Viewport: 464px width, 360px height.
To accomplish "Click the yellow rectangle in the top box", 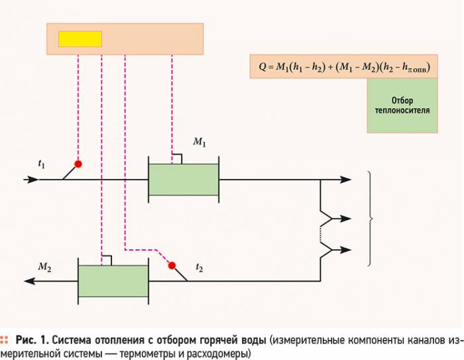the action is pyautogui.click(x=80, y=39).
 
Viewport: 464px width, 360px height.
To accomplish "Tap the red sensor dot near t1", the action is pyautogui.click(x=78, y=164).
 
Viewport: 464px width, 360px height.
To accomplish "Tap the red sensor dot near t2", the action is pyautogui.click(x=172, y=266).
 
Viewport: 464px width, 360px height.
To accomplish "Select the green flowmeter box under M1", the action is pyautogui.click(x=184, y=180).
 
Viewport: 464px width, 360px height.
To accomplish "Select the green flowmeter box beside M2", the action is pyautogui.click(x=113, y=281).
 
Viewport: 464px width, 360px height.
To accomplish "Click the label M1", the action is pyautogui.click(x=200, y=142).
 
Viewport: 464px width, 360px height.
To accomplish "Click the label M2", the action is pyautogui.click(x=44, y=267).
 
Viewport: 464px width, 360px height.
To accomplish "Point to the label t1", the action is pyautogui.click(x=42, y=164).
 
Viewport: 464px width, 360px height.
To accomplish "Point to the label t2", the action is pyautogui.click(x=200, y=268).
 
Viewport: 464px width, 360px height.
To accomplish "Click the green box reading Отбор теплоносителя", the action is pyautogui.click(x=402, y=105).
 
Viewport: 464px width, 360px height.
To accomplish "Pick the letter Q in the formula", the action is pyautogui.click(x=262, y=66).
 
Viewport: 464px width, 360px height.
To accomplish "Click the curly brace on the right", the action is pyautogui.click(x=370, y=219).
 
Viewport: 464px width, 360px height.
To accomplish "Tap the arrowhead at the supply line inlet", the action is pyautogui.click(x=31, y=180).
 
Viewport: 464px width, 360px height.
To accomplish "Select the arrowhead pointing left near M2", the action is pyautogui.click(x=30, y=281).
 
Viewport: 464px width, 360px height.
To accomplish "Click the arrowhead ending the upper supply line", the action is pyautogui.click(x=345, y=180).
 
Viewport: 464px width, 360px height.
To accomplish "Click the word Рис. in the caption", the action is pyautogui.click(x=26, y=341).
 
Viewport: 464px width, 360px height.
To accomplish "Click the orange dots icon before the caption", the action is pyautogui.click(x=4, y=340).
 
